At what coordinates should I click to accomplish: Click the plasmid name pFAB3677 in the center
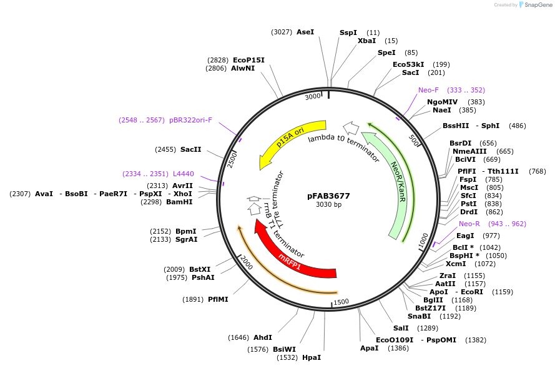[x=328, y=196]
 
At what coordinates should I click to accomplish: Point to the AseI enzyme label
[x=305, y=32]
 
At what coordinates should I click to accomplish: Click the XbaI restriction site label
[x=366, y=41]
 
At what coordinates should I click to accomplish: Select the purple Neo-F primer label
[x=428, y=90]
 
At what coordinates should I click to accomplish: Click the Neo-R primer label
[x=469, y=224]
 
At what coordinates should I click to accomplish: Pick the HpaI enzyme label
[x=311, y=357]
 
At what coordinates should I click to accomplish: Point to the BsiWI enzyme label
[x=284, y=349]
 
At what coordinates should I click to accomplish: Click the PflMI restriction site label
[x=218, y=299]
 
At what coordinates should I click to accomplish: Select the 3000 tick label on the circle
[x=312, y=97]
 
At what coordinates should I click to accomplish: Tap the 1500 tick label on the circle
[x=341, y=302]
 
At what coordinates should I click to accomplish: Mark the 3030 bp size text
[x=328, y=204]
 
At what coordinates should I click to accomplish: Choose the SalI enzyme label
[x=401, y=328]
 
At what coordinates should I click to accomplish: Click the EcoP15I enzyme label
[x=248, y=60]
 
